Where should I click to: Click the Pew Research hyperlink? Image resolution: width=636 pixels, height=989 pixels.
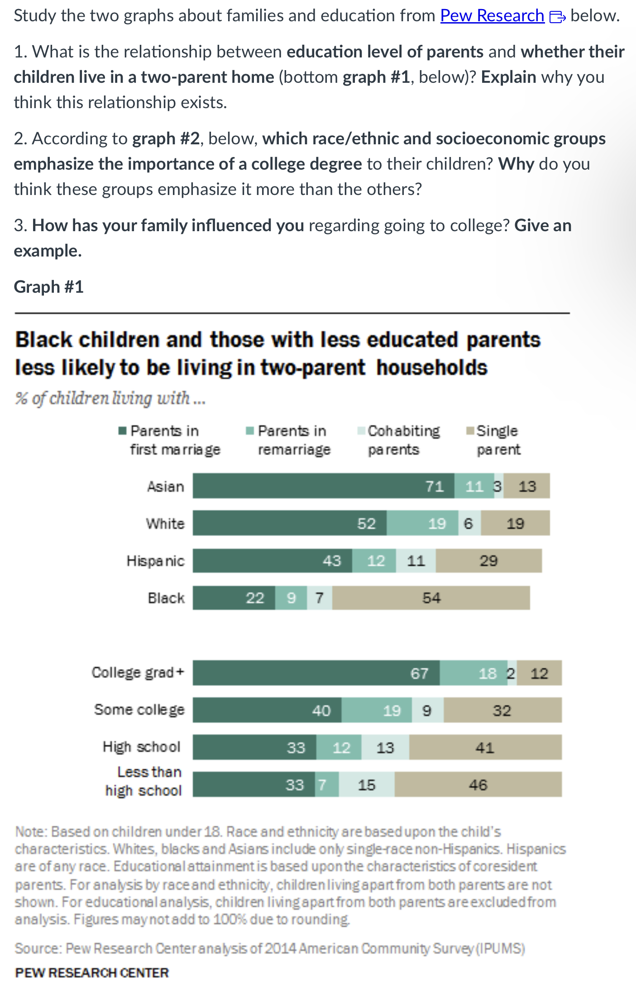pyautogui.click(x=492, y=16)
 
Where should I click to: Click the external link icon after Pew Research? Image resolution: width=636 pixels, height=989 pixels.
pyautogui.click(x=557, y=17)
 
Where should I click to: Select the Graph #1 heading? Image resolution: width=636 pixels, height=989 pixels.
pyautogui.click(x=49, y=287)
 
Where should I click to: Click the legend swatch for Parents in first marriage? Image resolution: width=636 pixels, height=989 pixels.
pyautogui.click(x=122, y=430)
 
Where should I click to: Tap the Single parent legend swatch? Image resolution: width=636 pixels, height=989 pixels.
pyautogui.click(x=470, y=430)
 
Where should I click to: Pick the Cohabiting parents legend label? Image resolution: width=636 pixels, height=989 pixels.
pyautogui.click(x=403, y=440)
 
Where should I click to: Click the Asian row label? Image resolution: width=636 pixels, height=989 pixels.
pyautogui.click(x=166, y=486)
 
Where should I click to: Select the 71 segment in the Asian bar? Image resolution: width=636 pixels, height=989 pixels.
pyautogui.click(x=323, y=486)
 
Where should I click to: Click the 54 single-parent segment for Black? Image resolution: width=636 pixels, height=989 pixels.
pyautogui.click(x=430, y=598)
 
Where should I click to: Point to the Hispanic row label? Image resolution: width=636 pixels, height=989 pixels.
pyautogui.click(x=155, y=561)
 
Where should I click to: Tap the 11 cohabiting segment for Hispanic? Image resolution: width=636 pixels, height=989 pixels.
pyautogui.click(x=416, y=561)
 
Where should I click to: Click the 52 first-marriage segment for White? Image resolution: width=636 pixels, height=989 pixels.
pyautogui.click(x=290, y=523)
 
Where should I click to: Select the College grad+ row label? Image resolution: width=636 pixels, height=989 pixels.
pyautogui.click(x=138, y=672)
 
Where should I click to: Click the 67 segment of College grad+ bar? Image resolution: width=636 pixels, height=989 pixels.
pyautogui.click(x=316, y=673)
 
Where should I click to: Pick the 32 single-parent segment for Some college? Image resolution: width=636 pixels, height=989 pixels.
pyautogui.click(x=502, y=710)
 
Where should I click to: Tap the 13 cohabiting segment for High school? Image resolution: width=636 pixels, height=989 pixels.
pyautogui.click(x=385, y=747)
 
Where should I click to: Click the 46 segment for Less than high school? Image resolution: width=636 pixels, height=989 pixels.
pyautogui.click(x=478, y=785)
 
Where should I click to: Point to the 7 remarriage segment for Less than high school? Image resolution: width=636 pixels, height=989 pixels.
pyautogui.click(x=326, y=785)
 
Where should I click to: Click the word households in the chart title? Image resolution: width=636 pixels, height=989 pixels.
pyautogui.click(x=432, y=367)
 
